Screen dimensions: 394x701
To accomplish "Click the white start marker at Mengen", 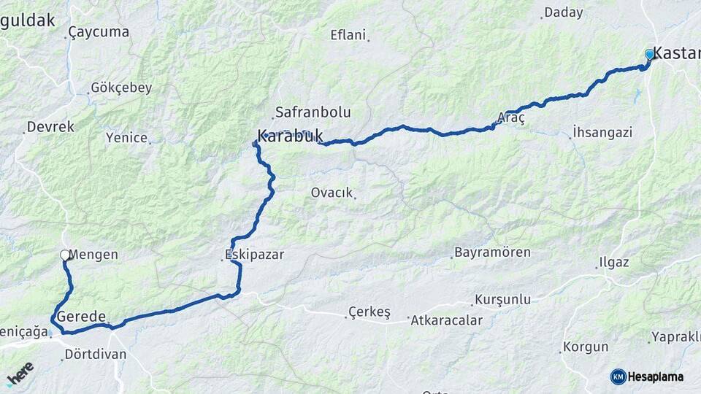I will pos(65,255).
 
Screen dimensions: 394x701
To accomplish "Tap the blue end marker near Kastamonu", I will pos(649,54).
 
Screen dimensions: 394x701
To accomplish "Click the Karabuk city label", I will pos(290,136).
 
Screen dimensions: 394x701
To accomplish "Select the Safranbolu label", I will pos(312,112).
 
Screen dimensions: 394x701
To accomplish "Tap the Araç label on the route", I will pos(510,117).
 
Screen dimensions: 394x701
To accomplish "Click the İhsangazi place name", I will pos(602,132).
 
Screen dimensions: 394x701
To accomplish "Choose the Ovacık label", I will pos(332,193).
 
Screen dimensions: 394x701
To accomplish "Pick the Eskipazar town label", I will pos(254,255).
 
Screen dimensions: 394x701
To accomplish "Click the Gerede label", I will pos(82,317).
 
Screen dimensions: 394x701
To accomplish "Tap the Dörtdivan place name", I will pos(95,354).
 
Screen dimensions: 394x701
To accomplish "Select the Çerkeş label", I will pos(369,312).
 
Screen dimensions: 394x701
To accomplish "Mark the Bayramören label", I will pos(492,252).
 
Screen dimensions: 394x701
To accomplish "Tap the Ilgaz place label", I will pos(613,261).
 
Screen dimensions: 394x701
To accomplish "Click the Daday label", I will pos(564,12).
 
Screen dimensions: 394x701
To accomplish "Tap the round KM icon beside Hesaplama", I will pos(618,376).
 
